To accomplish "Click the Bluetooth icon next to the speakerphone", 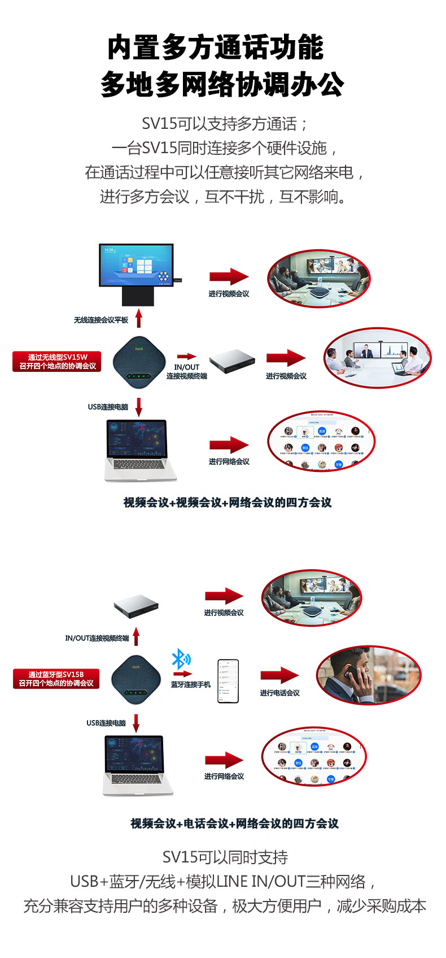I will click(x=181, y=659).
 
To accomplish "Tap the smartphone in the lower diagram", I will click(x=228, y=681).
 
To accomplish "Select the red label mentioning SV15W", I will click(x=57, y=362).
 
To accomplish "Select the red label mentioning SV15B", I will click(x=56, y=679).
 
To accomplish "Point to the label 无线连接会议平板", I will click(x=101, y=320).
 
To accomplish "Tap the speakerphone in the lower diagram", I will click(x=136, y=680).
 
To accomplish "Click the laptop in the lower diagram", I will click(x=137, y=765).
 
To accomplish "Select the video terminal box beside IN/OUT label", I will click(x=232, y=361).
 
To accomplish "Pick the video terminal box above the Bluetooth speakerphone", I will click(x=136, y=606).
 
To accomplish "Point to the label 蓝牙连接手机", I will click(x=191, y=684).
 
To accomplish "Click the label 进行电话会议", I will click(x=279, y=693).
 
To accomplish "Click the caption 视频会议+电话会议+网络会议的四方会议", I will click(x=234, y=823).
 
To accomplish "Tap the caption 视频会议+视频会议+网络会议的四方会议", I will click(x=228, y=502).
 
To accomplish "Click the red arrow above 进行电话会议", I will click(x=279, y=675).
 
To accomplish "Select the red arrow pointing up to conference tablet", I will click(x=139, y=318).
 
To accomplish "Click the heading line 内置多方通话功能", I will click(x=216, y=47).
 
